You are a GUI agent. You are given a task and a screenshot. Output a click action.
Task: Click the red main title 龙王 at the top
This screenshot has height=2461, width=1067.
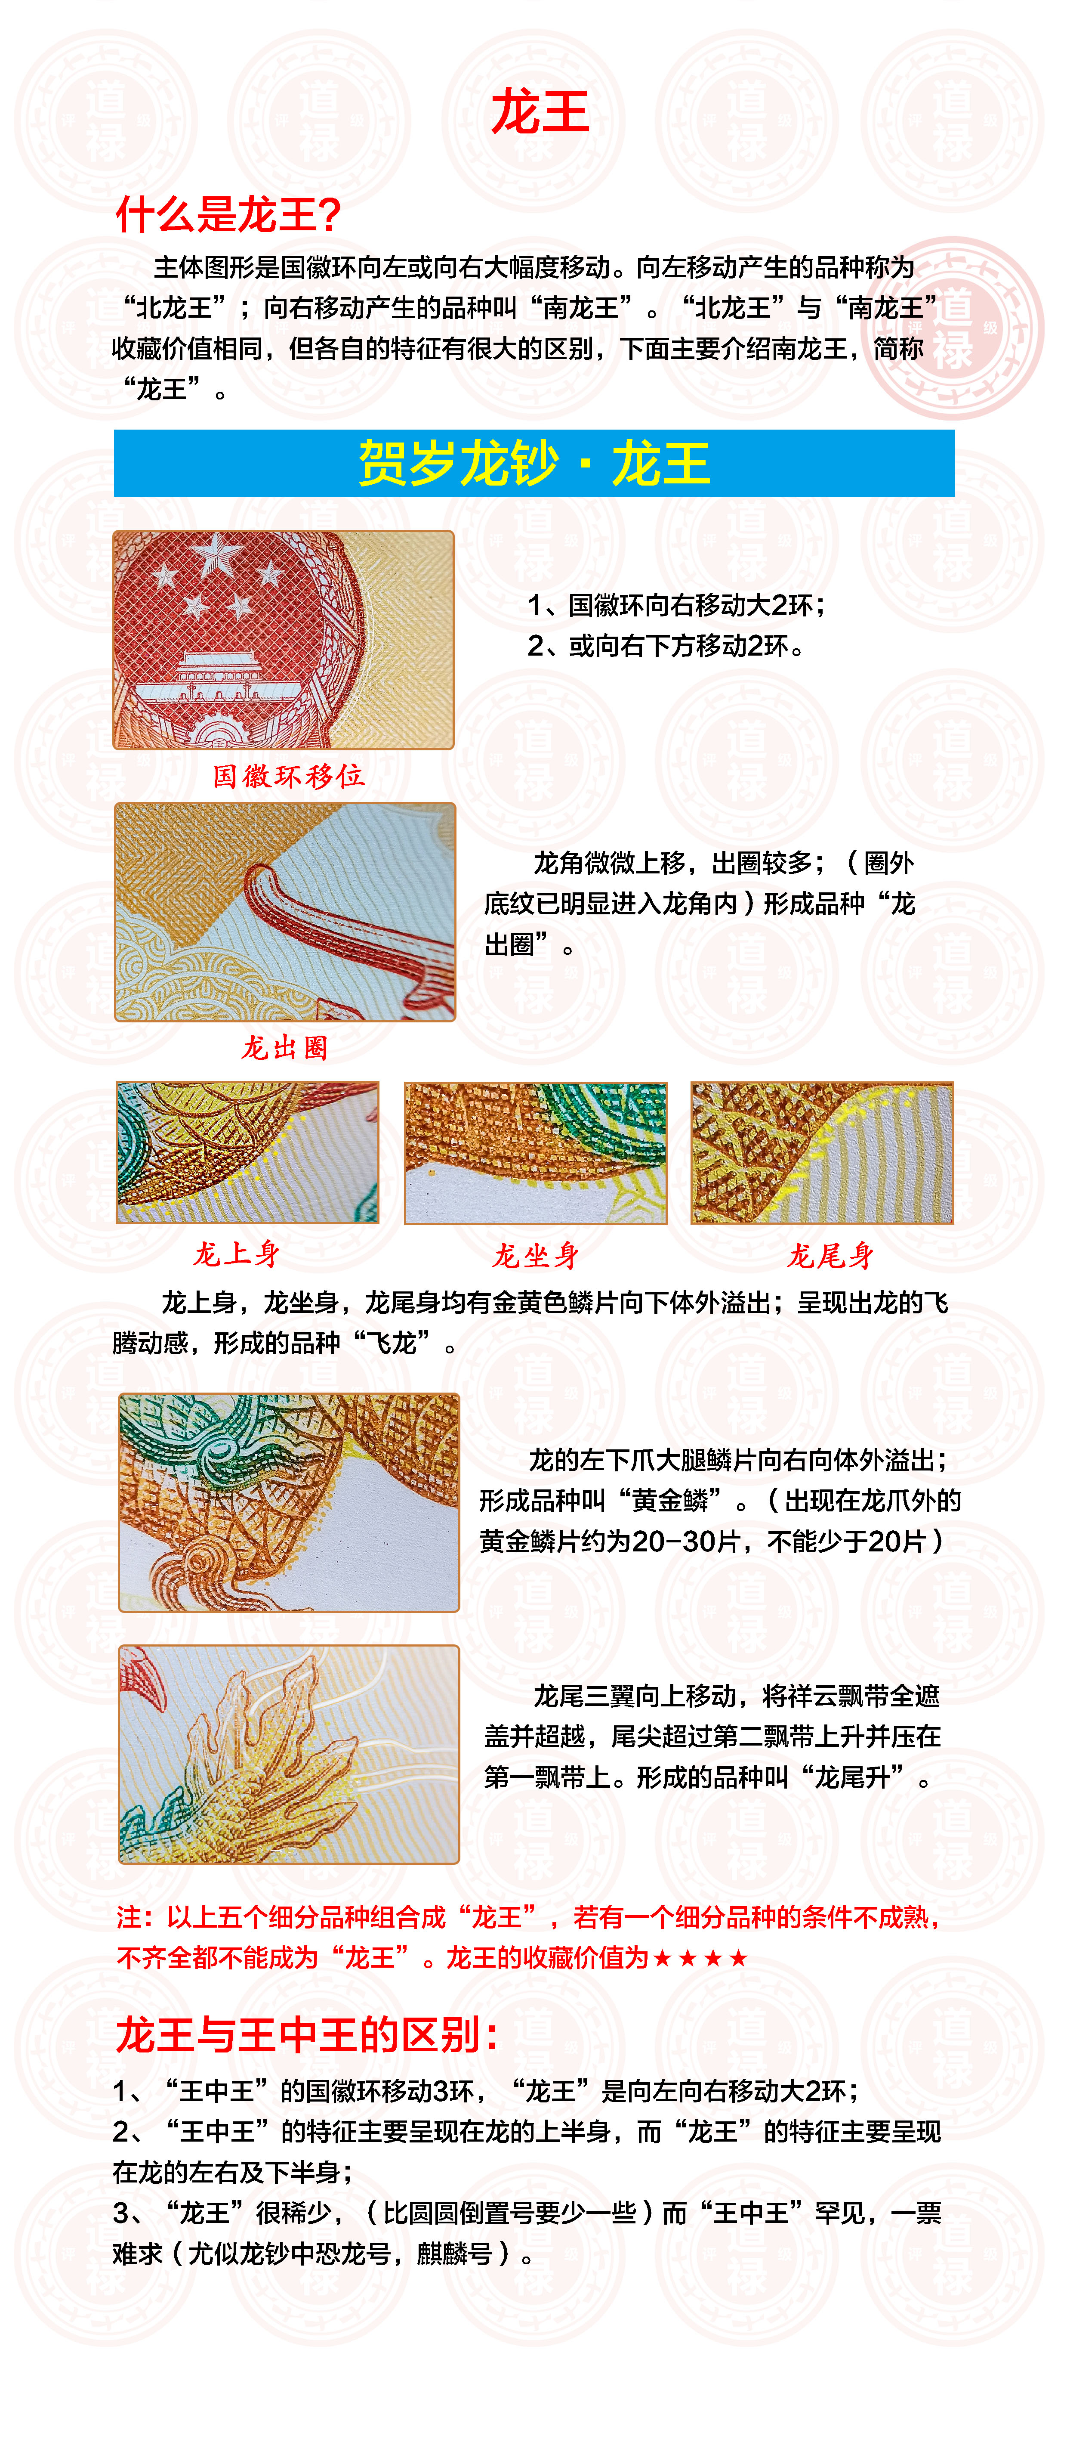[540, 113]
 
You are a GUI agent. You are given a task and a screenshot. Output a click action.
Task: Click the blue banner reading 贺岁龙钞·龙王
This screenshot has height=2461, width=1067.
[534, 463]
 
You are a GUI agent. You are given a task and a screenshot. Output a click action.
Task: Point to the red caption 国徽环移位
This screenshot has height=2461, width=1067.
[289, 776]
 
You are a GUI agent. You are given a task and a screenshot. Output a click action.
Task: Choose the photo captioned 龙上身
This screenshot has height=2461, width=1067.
[247, 1152]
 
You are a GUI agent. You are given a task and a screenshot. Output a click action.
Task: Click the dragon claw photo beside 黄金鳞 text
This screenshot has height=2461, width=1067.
[289, 1502]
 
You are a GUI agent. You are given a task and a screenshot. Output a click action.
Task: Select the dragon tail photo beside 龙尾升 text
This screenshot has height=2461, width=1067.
[289, 1754]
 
